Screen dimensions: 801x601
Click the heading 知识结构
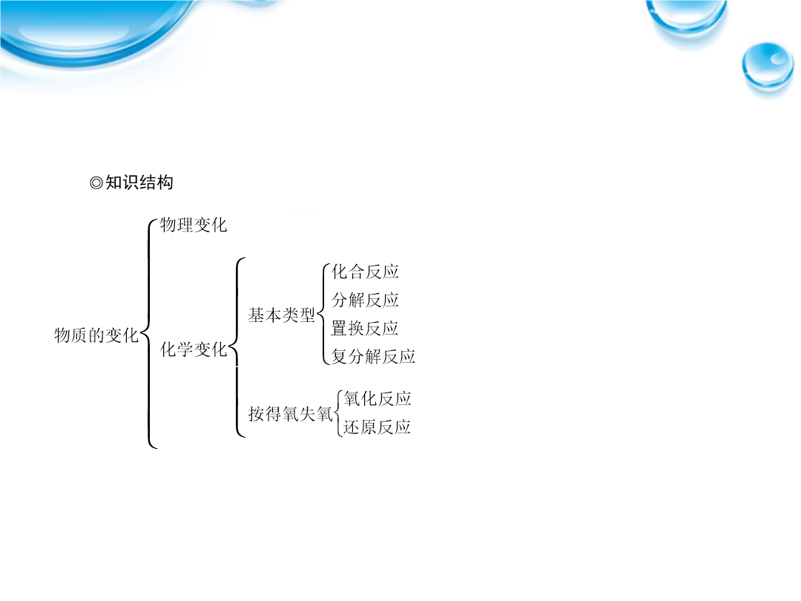click(139, 183)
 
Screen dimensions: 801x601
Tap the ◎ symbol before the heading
click(96, 183)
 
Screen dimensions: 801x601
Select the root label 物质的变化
click(96, 335)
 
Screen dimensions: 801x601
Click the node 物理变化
click(193, 224)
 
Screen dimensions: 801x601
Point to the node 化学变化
click(193, 349)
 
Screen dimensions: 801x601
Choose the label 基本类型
click(282, 315)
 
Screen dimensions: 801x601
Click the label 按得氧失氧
click(290, 413)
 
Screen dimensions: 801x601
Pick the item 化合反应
click(365, 272)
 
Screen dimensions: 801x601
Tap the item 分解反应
click(365, 300)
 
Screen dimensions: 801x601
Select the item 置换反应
click(365, 328)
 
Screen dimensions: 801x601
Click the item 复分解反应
click(373, 356)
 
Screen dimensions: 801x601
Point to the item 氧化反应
click(377, 398)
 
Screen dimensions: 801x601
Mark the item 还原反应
click(377, 427)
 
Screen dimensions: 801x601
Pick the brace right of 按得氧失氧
click(335, 413)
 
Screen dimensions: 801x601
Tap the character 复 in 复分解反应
click(339, 356)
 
